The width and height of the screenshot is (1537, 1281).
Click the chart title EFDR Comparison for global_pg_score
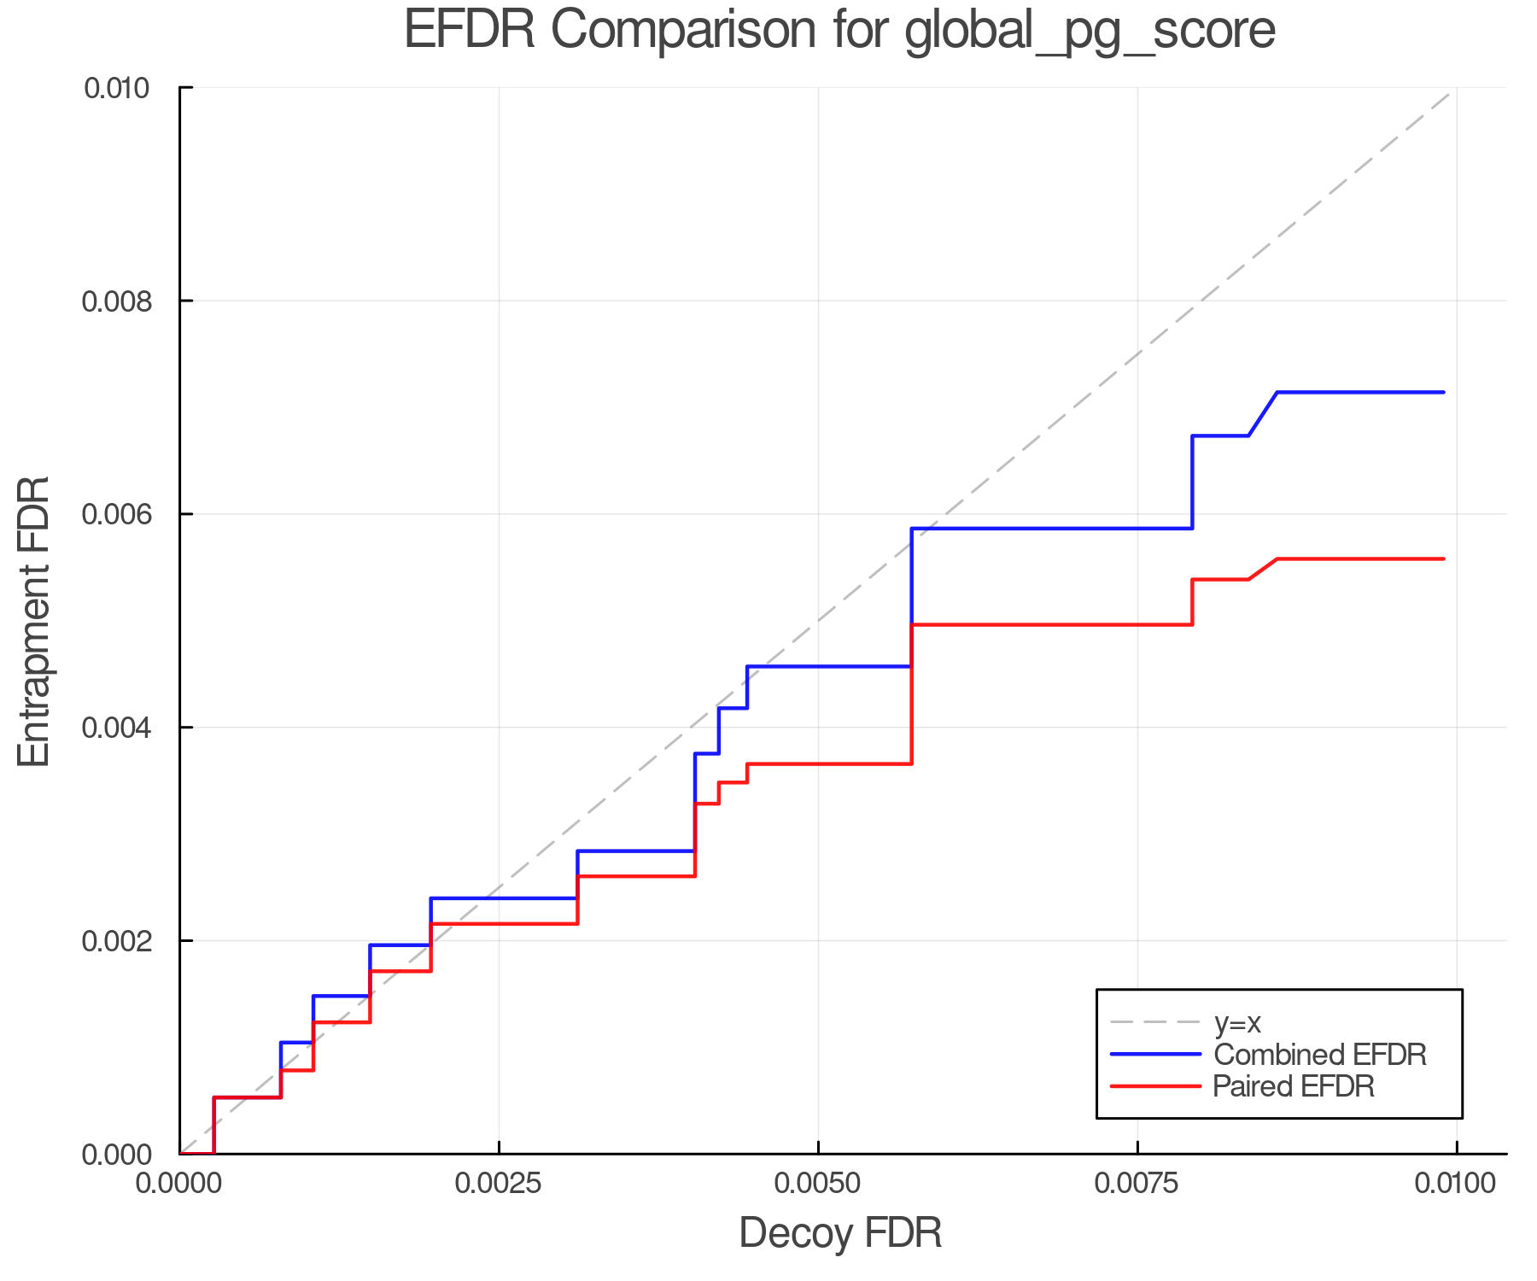click(x=839, y=30)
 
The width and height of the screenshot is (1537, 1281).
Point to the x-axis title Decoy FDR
click(x=840, y=1233)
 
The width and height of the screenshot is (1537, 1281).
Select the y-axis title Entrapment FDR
click(x=35, y=621)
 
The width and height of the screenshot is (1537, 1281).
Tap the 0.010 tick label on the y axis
click(x=116, y=88)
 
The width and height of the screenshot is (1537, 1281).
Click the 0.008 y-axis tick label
click(x=116, y=301)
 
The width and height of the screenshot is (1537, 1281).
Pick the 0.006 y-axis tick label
click(x=116, y=514)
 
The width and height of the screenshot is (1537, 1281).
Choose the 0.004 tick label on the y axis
click(x=116, y=728)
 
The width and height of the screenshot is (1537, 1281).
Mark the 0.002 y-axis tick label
click(x=116, y=940)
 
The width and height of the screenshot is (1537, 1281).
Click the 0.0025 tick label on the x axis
click(x=499, y=1183)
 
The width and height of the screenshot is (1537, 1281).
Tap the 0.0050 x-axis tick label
click(x=818, y=1183)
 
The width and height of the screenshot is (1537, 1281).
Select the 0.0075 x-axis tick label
click(x=1137, y=1183)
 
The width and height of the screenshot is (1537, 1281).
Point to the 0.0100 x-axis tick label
click(x=1455, y=1183)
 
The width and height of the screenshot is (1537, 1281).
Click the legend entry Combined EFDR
click(x=1319, y=1055)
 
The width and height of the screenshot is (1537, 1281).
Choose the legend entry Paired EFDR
click(x=1293, y=1086)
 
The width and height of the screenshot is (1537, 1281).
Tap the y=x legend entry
click(x=1237, y=1022)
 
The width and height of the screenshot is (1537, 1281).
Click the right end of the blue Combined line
click(x=1443, y=392)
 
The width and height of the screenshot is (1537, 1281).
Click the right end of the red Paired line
click(x=1443, y=559)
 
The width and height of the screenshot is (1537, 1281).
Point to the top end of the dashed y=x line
click(x=1451, y=93)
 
